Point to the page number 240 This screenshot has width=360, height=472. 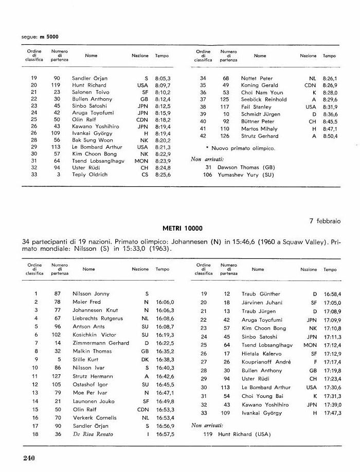click(x=31, y=457)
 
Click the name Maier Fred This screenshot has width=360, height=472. click(x=87, y=302)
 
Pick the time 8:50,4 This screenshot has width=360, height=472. click(x=330, y=136)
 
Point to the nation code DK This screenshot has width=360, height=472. click(x=145, y=359)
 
